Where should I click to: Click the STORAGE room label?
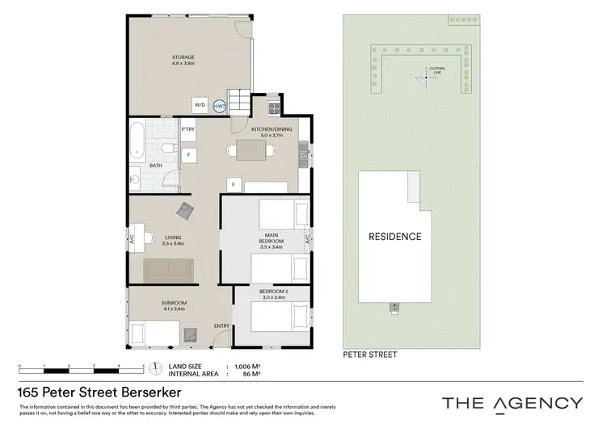click(x=183, y=57)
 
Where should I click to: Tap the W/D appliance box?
click(x=200, y=105)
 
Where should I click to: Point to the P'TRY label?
click(x=188, y=129)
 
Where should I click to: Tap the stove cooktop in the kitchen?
click(x=274, y=106)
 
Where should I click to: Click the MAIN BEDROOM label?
click(x=271, y=239)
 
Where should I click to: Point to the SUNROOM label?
click(x=174, y=302)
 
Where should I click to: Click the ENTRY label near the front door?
click(x=221, y=326)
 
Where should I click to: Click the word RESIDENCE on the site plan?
click(x=395, y=237)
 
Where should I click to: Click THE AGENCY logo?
click(x=511, y=402)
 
